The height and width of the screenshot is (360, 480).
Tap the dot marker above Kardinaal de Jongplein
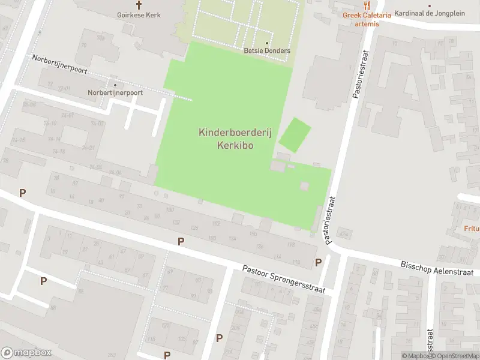[429, 6]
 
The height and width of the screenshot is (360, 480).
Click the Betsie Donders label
[267, 51]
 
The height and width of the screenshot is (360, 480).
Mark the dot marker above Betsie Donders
[267, 43]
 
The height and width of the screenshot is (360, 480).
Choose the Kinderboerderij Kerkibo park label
[235, 139]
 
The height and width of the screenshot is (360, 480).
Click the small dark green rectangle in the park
[296, 134]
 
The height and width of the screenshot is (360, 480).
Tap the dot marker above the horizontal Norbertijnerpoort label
[115, 85]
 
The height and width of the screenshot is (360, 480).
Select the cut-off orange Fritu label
[472, 229]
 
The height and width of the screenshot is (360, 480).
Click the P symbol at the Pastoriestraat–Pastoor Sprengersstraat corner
[318, 262]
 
